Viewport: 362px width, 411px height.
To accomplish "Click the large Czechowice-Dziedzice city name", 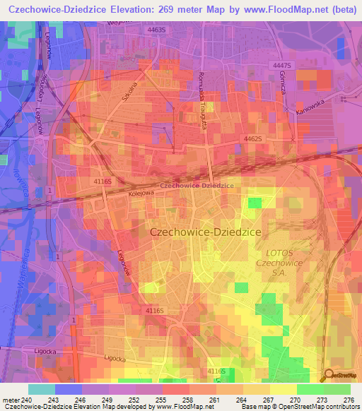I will point(206,232).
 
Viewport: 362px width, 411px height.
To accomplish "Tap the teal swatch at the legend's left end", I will point(41,389).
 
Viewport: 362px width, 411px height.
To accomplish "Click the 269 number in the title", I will point(166,9).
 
